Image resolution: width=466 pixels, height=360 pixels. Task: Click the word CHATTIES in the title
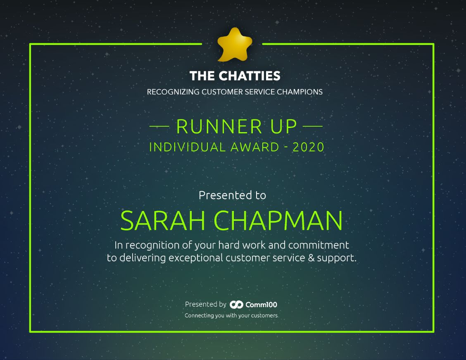250,76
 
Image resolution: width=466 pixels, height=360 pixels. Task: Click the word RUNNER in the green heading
219,127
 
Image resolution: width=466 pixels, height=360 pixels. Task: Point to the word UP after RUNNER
283,127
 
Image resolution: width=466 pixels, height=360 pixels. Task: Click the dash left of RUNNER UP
159,126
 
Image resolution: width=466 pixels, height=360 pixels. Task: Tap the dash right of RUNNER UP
313,126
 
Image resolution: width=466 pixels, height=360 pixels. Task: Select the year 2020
308,147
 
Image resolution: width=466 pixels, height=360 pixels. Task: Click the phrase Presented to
233,195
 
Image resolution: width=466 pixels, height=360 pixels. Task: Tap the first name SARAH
163,221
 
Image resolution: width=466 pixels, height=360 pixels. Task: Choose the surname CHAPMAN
278,221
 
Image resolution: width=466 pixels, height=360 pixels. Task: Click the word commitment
319,245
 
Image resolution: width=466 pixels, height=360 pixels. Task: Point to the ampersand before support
311,258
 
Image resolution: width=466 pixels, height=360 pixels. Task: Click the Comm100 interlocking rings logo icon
237,304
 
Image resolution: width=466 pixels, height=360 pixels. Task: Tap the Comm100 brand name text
261,304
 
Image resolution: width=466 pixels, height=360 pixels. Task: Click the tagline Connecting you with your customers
231,315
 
